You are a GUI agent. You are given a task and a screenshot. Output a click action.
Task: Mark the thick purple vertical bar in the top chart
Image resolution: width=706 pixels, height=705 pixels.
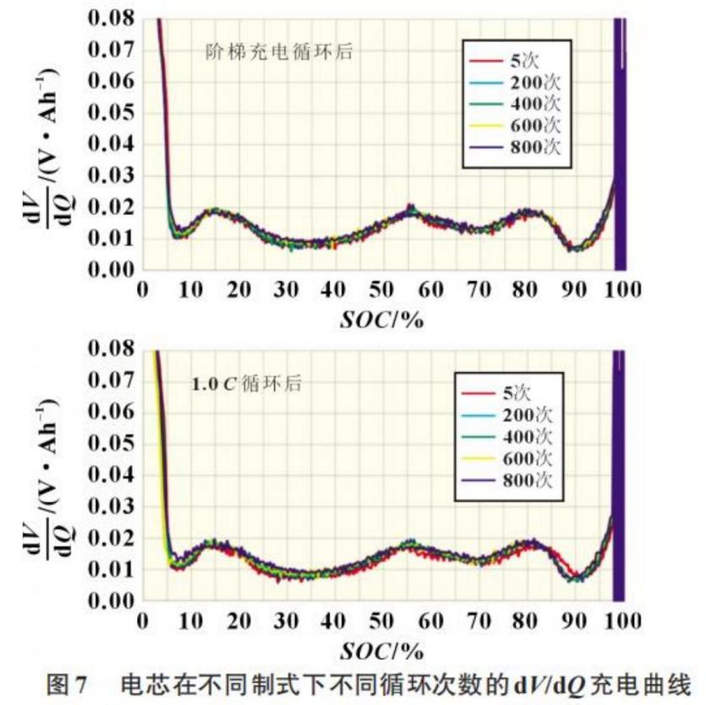tap(619, 144)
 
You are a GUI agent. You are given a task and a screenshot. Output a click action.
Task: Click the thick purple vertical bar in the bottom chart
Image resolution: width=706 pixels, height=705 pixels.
tap(618, 475)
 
